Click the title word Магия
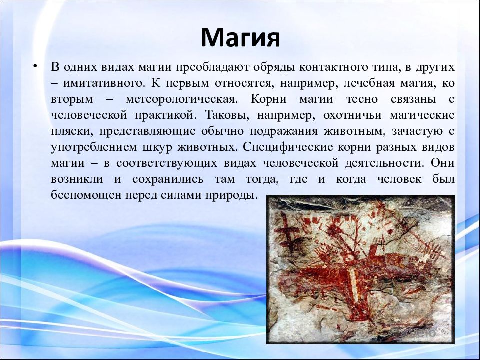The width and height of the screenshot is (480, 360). (x=240, y=37)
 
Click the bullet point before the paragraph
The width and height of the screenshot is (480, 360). (x=36, y=66)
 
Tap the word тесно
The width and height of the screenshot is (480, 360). (x=362, y=99)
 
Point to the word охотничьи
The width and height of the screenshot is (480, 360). (x=352, y=115)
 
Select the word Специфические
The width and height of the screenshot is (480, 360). (x=288, y=147)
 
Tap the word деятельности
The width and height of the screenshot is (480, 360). (x=385, y=163)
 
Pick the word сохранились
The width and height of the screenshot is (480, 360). (x=168, y=179)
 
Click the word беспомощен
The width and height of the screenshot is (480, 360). (x=86, y=195)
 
